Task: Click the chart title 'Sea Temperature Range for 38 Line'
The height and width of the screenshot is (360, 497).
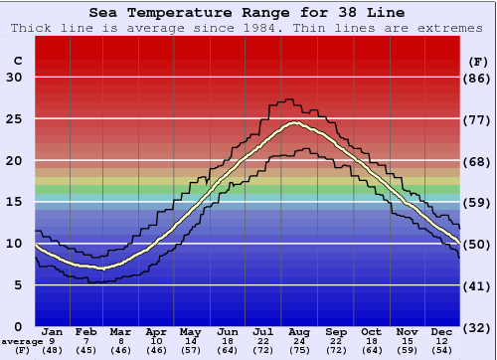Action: pyautogui.click(x=247, y=13)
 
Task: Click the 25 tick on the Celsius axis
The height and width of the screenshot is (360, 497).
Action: pyautogui.click(x=14, y=119)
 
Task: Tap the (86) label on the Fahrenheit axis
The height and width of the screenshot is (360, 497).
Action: pyautogui.click(x=478, y=79)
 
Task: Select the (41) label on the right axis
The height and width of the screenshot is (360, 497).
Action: pyautogui.click(x=478, y=285)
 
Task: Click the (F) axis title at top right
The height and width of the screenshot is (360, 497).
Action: pyautogui.click(x=478, y=61)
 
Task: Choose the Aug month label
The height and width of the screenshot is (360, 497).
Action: pyautogui.click(x=298, y=331)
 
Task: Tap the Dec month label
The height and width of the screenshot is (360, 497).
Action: pyautogui.click(x=441, y=331)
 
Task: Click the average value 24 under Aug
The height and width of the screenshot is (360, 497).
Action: pyautogui.click(x=298, y=341)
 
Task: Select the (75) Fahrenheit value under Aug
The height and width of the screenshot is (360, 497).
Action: pyautogui.click(x=298, y=351)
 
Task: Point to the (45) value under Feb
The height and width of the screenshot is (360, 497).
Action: pyautogui.click(x=86, y=351)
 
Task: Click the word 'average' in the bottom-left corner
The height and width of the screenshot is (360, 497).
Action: pyautogui.click(x=21, y=341)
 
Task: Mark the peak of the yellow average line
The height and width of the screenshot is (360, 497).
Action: pyautogui.click(x=293, y=123)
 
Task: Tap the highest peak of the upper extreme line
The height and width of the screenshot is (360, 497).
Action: pyautogui.click(x=287, y=99)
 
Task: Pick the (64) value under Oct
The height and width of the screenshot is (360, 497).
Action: pyautogui.click(x=371, y=351)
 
